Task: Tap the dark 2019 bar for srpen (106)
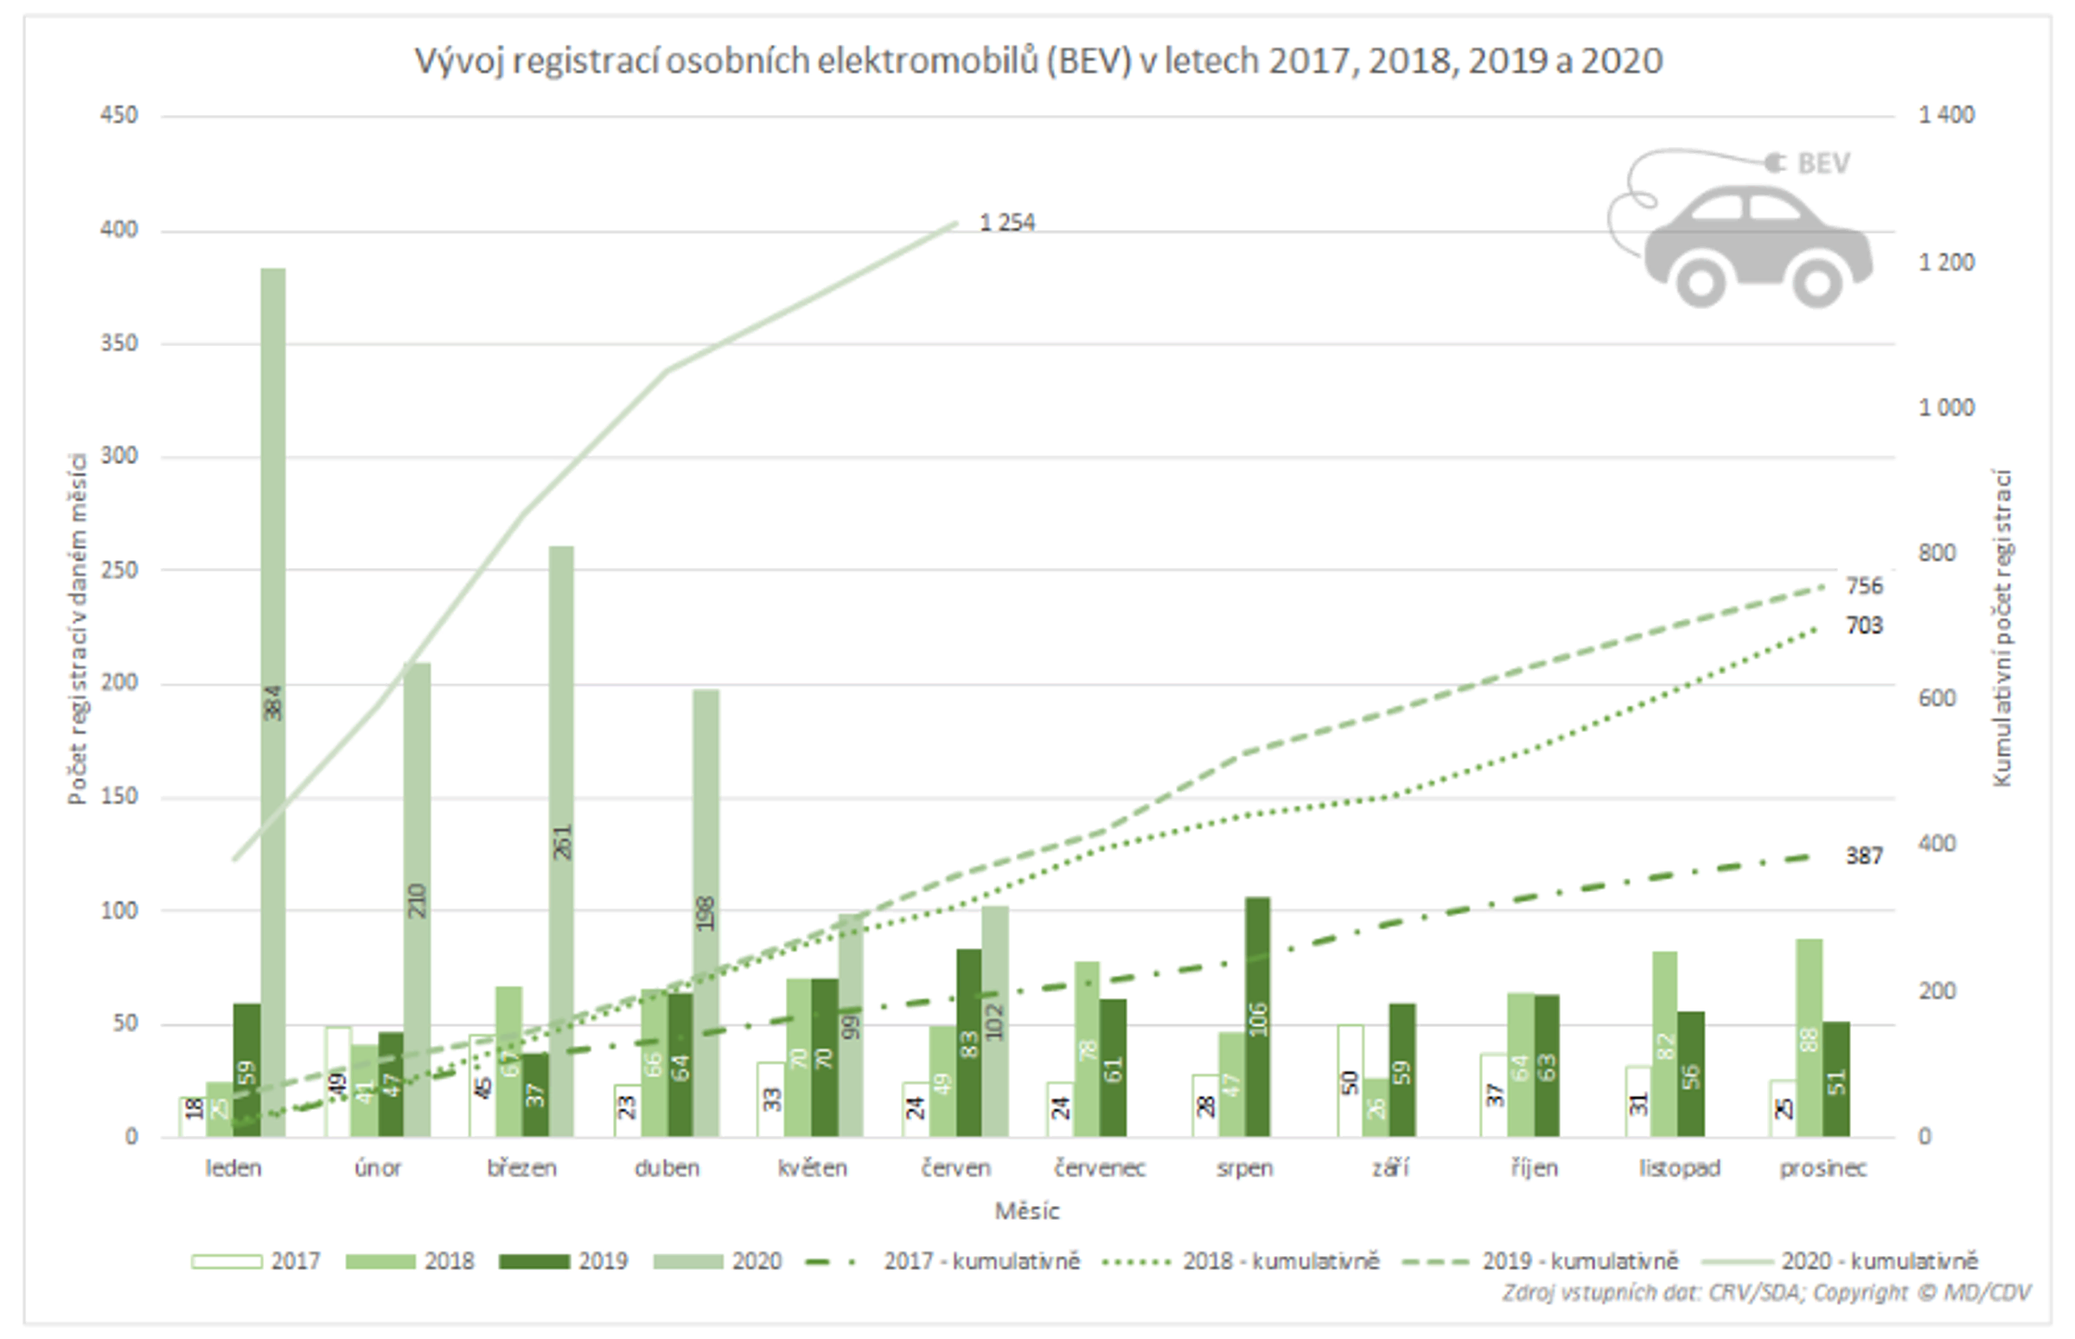[x=1257, y=1017]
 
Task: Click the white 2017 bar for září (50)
[x=1350, y=1081]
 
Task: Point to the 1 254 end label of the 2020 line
[x=1007, y=224]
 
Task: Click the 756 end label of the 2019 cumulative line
[x=1864, y=586]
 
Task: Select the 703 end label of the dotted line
[x=1864, y=626]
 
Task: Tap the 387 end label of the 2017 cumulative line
[x=1864, y=857]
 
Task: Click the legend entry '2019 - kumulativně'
[x=1579, y=1260]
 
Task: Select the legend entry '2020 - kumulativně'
[x=1879, y=1260]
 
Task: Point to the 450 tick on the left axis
[x=119, y=116]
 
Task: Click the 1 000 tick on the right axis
[x=1946, y=408]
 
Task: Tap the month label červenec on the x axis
[x=1099, y=1168]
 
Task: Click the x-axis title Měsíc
[x=1027, y=1211]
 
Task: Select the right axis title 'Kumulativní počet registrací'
[x=2002, y=626]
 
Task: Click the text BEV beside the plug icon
[x=1823, y=163]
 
